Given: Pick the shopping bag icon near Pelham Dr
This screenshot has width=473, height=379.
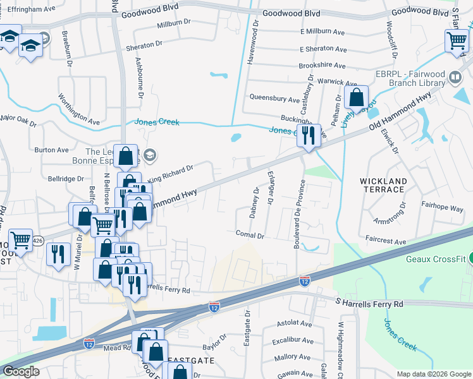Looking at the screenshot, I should [357, 99].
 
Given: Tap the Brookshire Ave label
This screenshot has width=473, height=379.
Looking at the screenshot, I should [323, 65].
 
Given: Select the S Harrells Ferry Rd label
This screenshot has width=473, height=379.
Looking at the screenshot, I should [369, 304].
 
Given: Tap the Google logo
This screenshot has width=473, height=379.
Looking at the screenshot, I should [21, 371].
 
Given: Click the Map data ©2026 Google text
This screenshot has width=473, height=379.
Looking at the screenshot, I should [434, 374].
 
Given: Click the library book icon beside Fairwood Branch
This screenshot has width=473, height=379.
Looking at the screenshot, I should [455, 78].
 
